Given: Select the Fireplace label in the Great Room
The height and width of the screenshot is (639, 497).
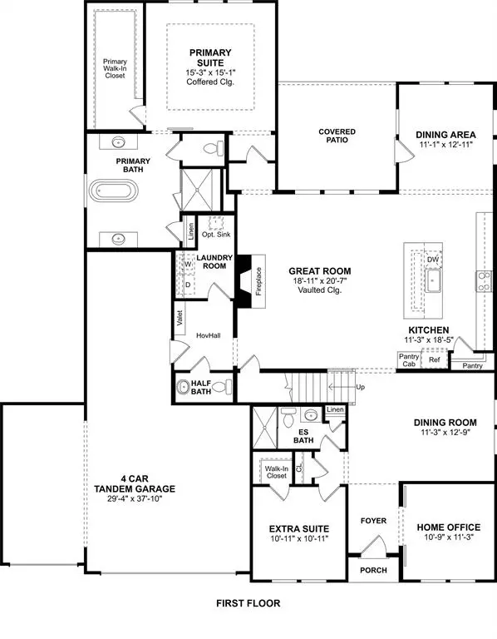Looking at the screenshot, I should (x=258, y=282).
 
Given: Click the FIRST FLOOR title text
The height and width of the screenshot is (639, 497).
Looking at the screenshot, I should (x=248, y=603).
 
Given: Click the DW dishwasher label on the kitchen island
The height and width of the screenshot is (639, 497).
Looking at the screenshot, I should (x=432, y=260).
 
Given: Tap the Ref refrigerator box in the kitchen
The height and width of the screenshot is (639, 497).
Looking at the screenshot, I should (x=434, y=359).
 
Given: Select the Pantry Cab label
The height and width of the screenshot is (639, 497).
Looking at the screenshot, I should (x=407, y=359).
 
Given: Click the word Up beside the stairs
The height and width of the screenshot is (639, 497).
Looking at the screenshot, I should (x=359, y=388).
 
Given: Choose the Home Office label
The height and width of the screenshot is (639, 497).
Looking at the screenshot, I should (x=447, y=528).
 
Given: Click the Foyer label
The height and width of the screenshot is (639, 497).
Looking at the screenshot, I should (x=373, y=521).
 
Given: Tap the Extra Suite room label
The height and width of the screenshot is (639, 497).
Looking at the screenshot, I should (x=299, y=528).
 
